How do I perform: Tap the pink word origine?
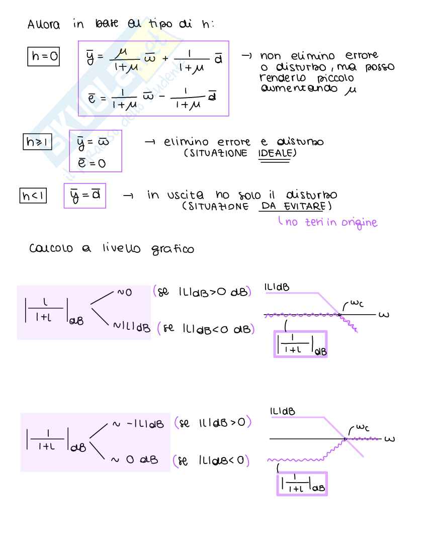[355, 222]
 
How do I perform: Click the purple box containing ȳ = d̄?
[84, 195]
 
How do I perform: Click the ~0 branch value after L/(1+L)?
[126, 292]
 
